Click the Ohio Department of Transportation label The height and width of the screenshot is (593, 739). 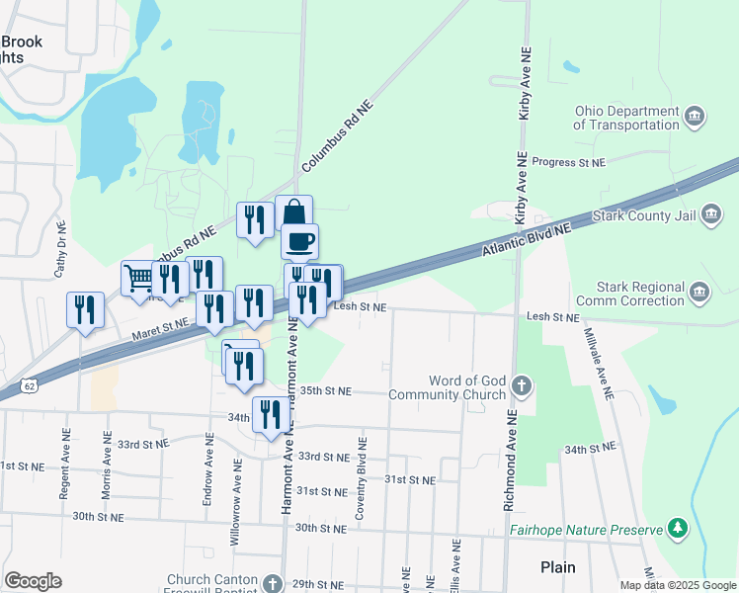click(627, 118)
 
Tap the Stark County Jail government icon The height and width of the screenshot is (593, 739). click(711, 216)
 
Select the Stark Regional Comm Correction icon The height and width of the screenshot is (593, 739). click(698, 293)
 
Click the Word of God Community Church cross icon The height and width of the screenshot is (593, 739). click(523, 383)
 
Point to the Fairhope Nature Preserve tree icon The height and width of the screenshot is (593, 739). click(678, 530)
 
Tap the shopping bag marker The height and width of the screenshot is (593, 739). click(293, 212)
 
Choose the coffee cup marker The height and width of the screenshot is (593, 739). click(299, 240)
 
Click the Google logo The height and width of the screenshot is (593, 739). click(34, 580)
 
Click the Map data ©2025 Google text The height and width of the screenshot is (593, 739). click(677, 585)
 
